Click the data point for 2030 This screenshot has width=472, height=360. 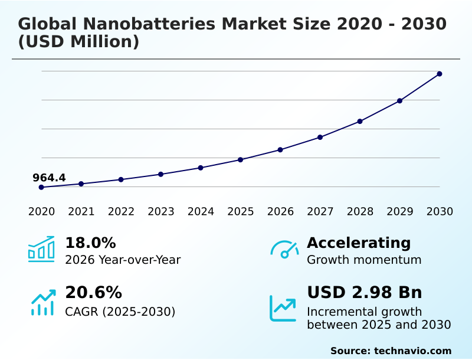pyautogui.click(x=440, y=74)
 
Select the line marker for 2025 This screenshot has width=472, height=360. pyautogui.click(x=241, y=159)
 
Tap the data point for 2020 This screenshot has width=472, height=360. pyautogui.click(x=41, y=187)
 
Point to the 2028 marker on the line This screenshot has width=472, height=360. pyautogui.click(x=360, y=122)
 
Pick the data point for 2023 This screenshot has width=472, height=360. pyautogui.click(x=161, y=174)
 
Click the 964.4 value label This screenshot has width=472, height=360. pyautogui.click(x=49, y=178)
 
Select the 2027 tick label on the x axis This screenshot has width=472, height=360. pyautogui.click(x=320, y=211)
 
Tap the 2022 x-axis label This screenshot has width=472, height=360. pyautogui.click(x=121, y=211)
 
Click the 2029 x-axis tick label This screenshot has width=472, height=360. pyautogui.click(x=400, y=211)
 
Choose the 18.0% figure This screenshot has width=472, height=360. pyautogui.click(x=90, y=243)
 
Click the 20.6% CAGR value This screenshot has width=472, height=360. pyautogui.click(x=93, y=293)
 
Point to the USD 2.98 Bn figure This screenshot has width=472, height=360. pyautogui.click(x=365, y=293)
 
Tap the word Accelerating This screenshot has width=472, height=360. pyautogui.click(x=359, y=243)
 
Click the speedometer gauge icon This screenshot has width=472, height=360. pyautogui.click(x=284, y=249)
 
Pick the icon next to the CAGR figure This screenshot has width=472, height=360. pyautogui.click(x=42, y=302)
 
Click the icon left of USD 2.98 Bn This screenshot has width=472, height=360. pyautogui.click(x=283, y=308)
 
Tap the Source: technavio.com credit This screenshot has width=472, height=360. pyautogui.click(x=391, y=351)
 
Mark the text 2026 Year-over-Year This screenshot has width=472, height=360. pyautogui.click(x=123, y=260)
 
